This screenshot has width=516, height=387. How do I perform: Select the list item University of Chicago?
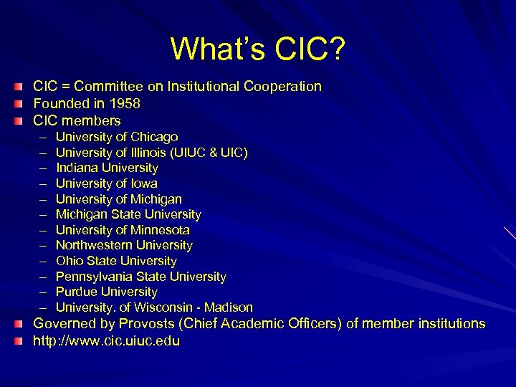tap(117, 137)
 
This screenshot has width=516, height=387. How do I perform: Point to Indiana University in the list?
tap(107, 168)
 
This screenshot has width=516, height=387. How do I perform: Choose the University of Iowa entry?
tap(107, 183)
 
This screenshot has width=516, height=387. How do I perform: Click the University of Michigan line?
tap(119, 199)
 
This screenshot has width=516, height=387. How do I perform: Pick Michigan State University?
tap(128, 214)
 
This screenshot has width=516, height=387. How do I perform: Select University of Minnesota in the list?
tap(123, 230)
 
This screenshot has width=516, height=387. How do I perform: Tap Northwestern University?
tap(124, 245)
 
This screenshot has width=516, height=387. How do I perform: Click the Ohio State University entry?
tap(116, 261)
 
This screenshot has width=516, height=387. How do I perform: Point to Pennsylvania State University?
tap(141, 277)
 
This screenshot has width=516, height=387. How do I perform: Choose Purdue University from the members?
tap(107, 292)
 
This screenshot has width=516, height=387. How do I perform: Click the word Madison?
tap(229, 307)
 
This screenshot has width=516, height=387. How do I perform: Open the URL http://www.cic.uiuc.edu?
tap(107, 341)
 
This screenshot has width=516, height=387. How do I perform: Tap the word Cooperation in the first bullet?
tap(282, 87)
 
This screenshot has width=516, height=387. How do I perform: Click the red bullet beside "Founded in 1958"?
tap(18, 104)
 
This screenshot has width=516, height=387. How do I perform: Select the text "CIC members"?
tap(77, 121)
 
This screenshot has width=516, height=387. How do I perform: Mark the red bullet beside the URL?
tap(18, 341)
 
